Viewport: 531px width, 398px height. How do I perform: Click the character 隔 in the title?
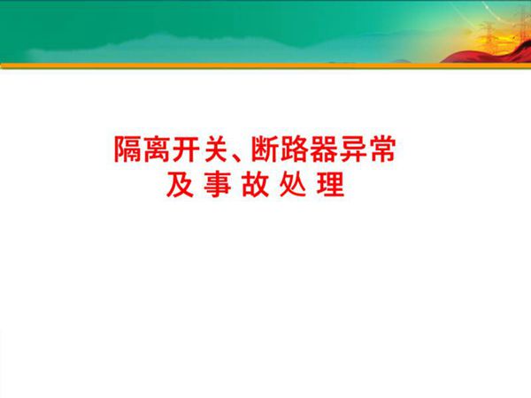pos(128,151)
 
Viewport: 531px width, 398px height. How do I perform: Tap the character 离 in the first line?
pos(160,151)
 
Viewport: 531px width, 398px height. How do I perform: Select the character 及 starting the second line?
pos(178,187)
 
